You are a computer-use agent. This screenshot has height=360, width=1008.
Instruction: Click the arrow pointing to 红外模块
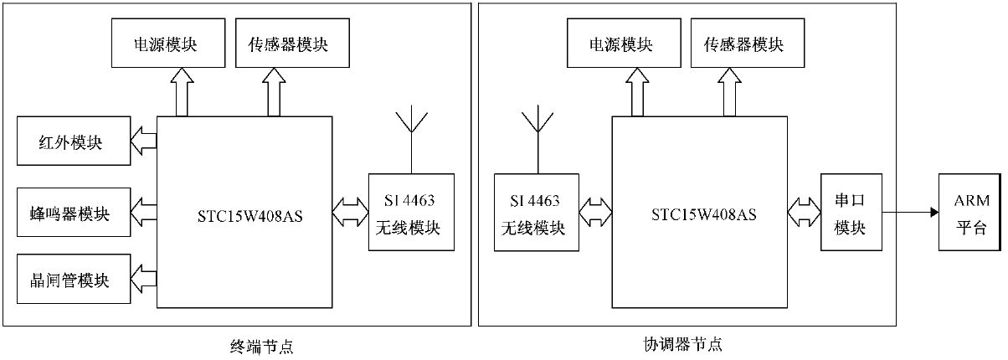(145, 141)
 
